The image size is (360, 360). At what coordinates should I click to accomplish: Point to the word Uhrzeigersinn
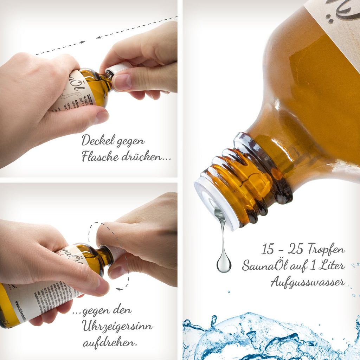(117, 326)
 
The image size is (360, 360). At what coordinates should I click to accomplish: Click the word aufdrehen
(110, 342)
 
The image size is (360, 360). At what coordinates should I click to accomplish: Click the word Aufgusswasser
(308, 282)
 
